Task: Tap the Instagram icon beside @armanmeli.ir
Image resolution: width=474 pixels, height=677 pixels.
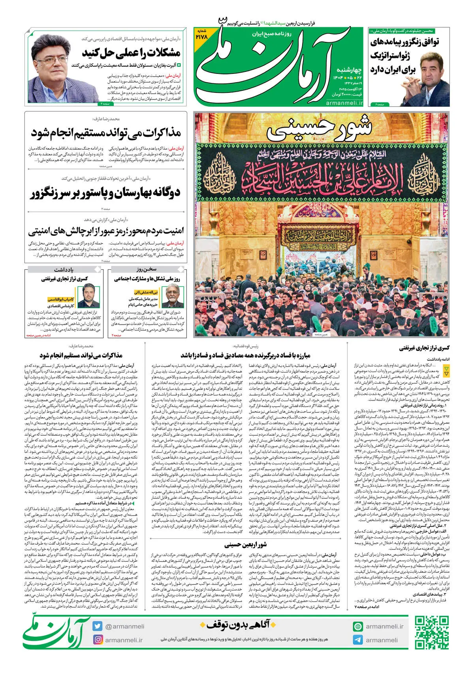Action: [x=98, y=639]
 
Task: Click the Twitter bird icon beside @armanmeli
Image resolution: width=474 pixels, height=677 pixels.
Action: [x=98, y=626]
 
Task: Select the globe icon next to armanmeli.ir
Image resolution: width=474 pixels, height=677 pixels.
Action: [x=358, y=626]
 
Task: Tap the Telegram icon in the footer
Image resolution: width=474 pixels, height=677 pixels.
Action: [x=358, y=640]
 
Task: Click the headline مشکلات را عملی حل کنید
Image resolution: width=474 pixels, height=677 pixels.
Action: [x=131, y=53]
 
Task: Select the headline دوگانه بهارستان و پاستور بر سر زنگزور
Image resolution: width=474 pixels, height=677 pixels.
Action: [x=105, y=193]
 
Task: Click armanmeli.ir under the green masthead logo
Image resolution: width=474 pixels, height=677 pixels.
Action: [x=344, y=103]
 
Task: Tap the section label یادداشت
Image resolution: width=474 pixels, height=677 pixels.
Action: [x=64, y=269]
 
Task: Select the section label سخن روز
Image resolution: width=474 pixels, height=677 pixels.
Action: [x=147, y=269]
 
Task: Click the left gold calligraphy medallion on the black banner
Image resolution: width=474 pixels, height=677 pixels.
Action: [x=224, y=172]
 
